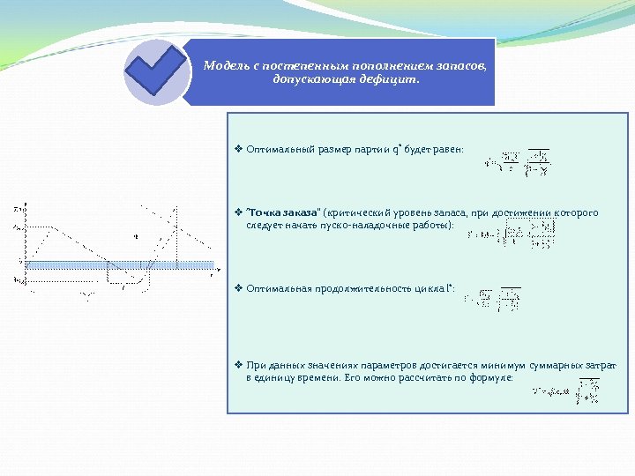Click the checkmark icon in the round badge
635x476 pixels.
(156, 71)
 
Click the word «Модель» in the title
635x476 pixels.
(224, 65)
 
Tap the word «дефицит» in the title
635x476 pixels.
(393, 79)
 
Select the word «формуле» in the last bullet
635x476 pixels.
(493, 376)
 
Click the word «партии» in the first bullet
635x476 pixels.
(376, 149)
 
